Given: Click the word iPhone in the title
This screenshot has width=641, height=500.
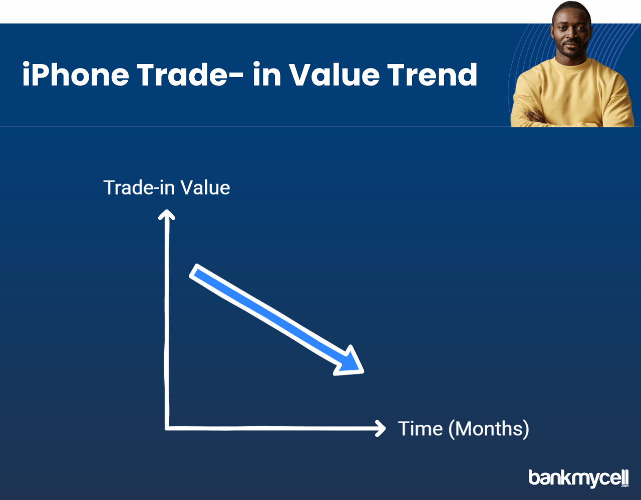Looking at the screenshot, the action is click(76, 74).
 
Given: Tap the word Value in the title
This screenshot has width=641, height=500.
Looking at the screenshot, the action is click(334, 74).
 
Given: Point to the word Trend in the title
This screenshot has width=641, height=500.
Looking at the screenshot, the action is click(432, 74).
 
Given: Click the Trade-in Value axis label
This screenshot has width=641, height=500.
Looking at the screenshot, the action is click(167, 187).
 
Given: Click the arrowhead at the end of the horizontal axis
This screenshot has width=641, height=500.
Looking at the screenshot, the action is click(381, 428).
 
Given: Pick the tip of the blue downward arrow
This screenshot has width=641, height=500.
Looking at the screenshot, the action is click(363, 372).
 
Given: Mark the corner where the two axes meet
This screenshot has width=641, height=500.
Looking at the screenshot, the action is click(167, 428).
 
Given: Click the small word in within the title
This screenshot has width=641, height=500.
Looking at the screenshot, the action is click(267, 74).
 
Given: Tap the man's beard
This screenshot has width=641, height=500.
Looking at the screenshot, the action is click(571, 50).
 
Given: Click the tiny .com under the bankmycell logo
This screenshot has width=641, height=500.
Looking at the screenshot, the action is click(625, 486).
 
